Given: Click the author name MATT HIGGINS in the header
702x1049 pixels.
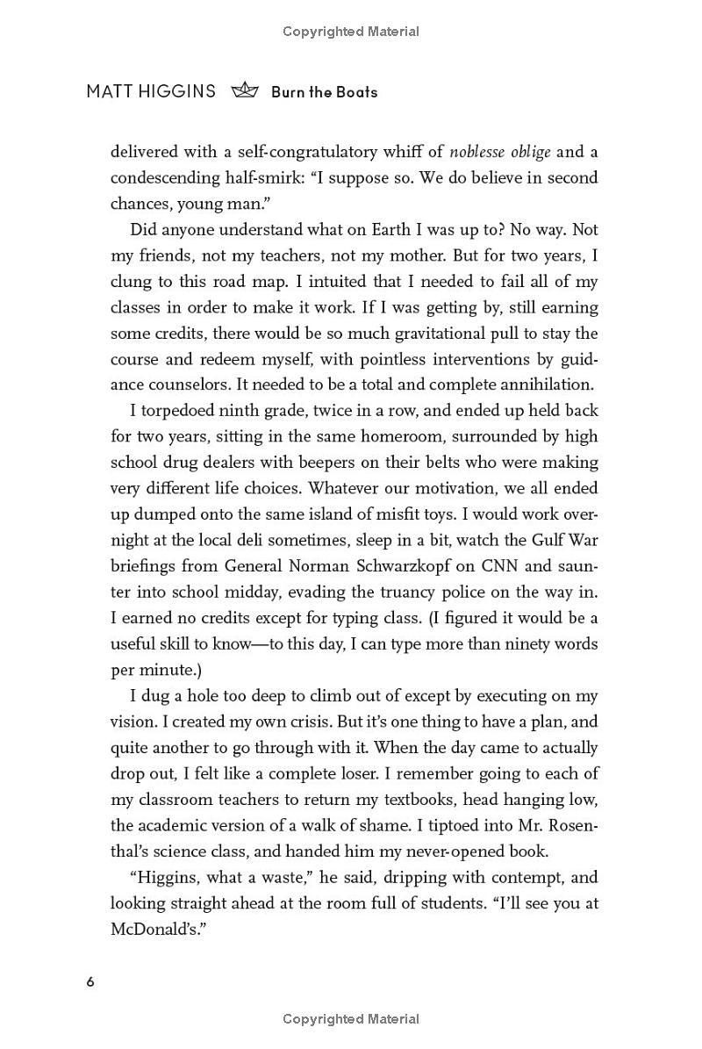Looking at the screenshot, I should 150,91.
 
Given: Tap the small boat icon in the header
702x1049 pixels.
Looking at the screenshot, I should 245,91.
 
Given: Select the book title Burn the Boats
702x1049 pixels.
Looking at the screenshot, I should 325,92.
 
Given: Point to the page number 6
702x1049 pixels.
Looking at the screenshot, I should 90,981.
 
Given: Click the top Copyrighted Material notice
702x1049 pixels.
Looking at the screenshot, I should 351,32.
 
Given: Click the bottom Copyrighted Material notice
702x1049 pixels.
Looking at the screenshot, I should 351,1019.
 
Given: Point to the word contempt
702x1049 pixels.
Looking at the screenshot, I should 503,877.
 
